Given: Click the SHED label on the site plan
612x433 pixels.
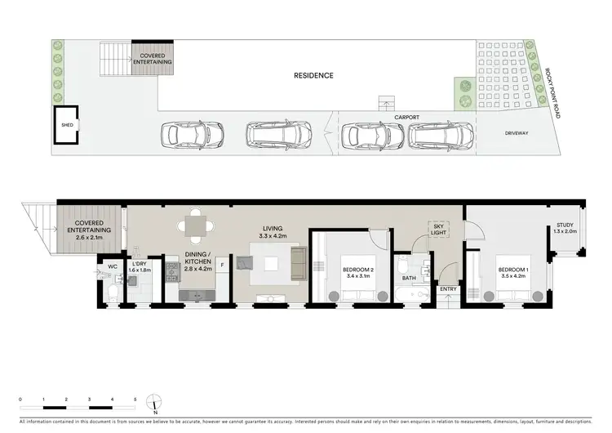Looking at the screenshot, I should pos(67,125).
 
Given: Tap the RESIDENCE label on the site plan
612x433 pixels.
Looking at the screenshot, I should pos(314,75).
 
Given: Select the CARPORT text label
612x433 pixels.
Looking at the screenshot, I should pos(407,117).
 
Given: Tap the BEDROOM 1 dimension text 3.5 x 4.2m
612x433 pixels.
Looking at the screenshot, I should pos(514,277).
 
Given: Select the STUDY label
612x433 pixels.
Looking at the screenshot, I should pos(566,225).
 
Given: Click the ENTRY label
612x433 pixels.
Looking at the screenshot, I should pos(447,289).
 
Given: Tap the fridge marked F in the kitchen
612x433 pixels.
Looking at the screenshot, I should pos(222,264).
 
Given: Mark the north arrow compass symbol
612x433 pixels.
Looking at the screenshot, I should pos(153,403).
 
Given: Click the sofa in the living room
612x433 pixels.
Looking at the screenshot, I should pos(299,263).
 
